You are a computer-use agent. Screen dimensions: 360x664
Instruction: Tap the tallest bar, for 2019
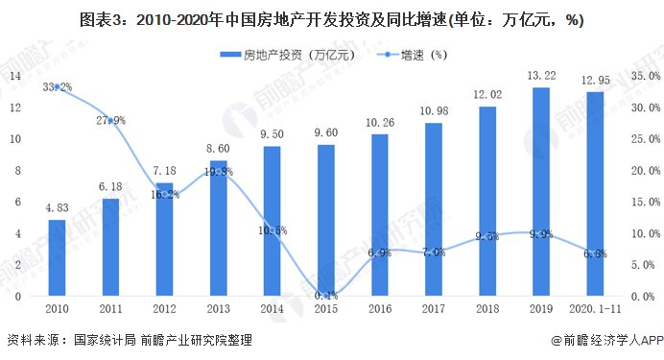pyautogui.click(x=541, y=191)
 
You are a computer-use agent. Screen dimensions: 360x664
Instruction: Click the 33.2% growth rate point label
pyautogui.click(x=58, y=87)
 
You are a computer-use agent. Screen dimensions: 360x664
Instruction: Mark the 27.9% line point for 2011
pyautogui.click(x=110, y=120)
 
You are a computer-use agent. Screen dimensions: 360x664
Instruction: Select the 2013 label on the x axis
pyautogui.click(x=218, y=309)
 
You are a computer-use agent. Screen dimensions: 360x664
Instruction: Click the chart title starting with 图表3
pyautogui.click(x=332, y=19)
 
